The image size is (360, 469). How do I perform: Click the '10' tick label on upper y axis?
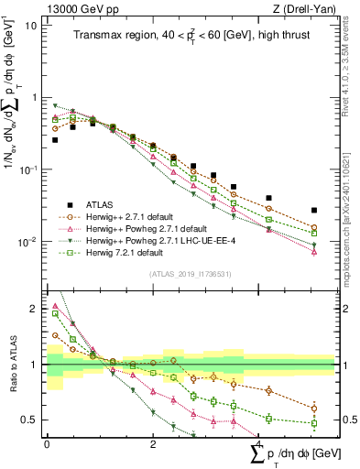pos(29,25)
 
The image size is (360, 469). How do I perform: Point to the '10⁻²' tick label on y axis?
pos(27,242)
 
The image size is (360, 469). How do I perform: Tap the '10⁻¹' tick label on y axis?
pos(27,169)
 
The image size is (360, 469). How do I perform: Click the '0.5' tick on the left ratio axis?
pos(27,420)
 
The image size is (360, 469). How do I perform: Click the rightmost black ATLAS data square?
pos(314,210)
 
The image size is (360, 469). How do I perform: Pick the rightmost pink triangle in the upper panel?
pos(314,251)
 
